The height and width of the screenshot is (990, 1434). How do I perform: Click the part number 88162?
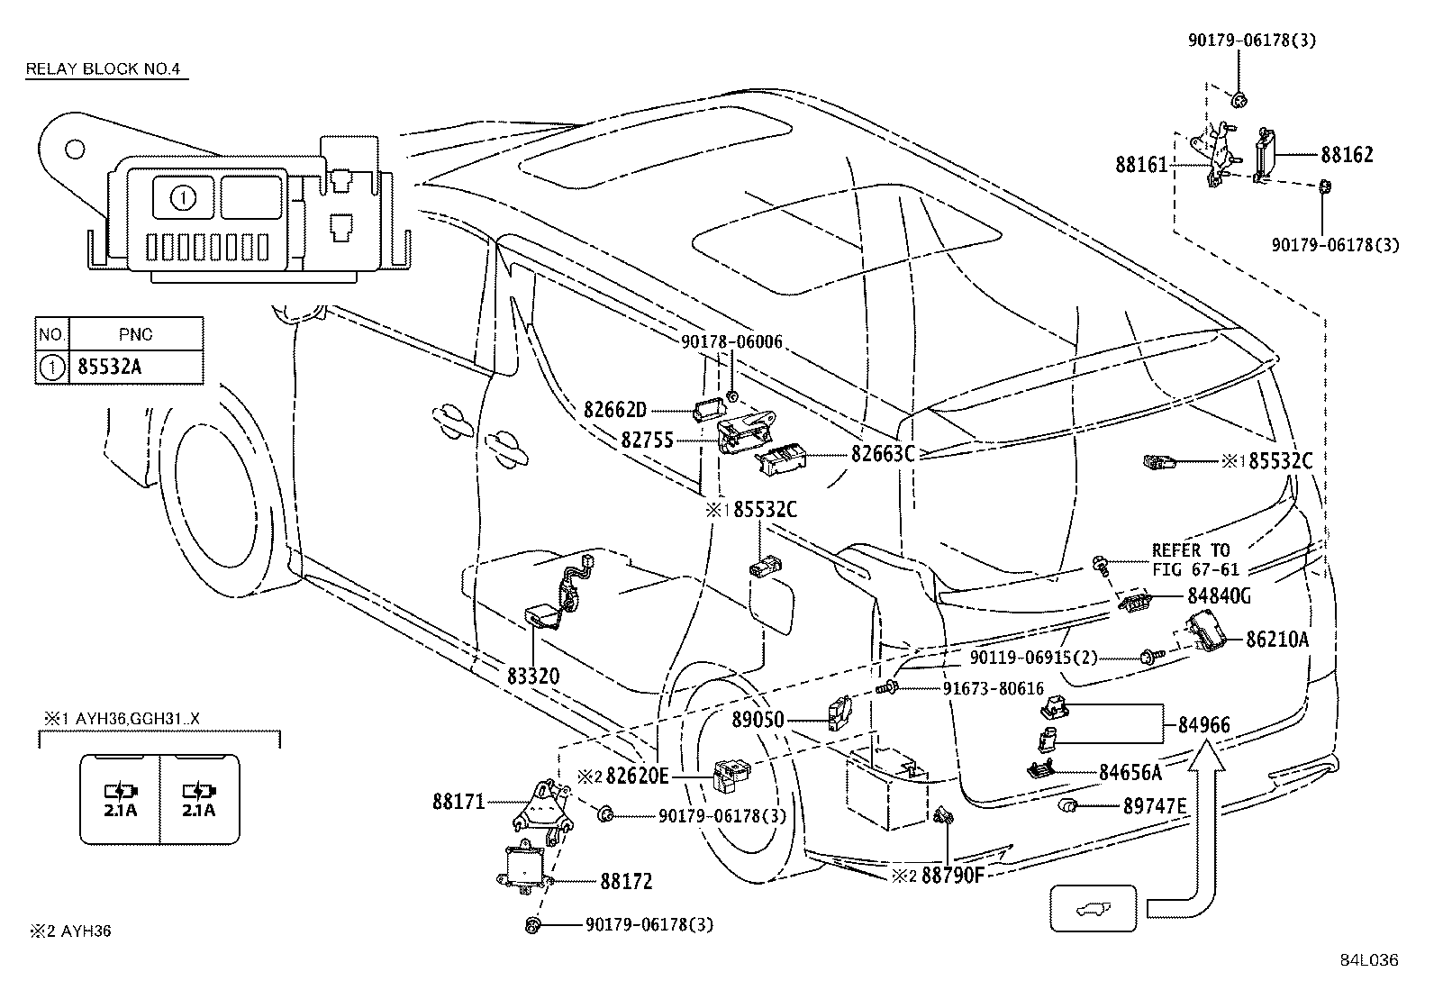(1347, 155)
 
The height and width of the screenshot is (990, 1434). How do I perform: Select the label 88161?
(1141, 165)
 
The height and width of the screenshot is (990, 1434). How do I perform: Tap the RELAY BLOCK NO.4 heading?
(106, 68)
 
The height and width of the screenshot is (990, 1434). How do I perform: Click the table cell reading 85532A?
(110, 368)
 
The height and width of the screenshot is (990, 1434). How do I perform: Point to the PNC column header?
(135, 333)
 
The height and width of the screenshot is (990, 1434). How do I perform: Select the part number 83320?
(532, 676)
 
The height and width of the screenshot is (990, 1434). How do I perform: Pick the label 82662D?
(615, 411)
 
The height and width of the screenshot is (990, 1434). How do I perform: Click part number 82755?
(648, 441)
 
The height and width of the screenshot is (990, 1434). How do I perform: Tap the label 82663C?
(883, 454)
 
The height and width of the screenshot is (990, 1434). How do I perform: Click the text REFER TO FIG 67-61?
(1194, 559)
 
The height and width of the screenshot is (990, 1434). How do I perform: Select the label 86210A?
(1277, 640)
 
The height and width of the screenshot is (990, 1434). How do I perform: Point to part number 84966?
(1203, 725)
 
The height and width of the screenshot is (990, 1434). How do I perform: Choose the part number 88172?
(626, 881)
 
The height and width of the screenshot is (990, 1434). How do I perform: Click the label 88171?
(458, 801)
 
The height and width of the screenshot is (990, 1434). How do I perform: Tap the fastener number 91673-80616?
(993, 689)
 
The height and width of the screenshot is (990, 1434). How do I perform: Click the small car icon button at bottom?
(1093, 909)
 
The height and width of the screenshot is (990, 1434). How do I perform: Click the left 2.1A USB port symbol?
(121, 799)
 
